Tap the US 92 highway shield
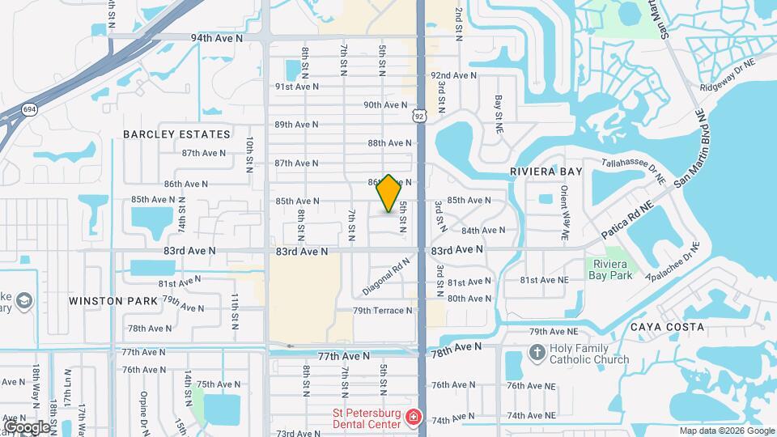[418, 117]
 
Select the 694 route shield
[30, 109]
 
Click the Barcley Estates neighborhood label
[176, 134]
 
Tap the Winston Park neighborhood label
[107, 301]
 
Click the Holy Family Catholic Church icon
[536, 352]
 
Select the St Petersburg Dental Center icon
[414, 418]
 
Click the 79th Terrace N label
[383, 310]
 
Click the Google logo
[26, 427]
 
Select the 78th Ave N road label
[456, 348]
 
